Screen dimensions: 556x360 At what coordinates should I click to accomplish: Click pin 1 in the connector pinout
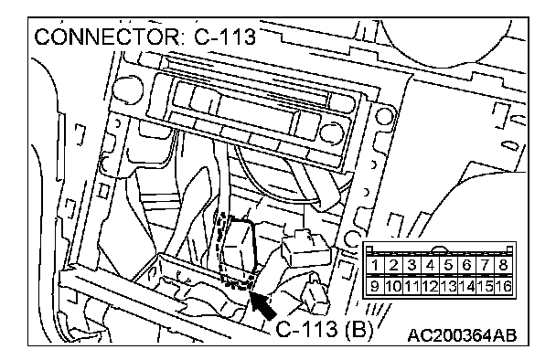[374, 265]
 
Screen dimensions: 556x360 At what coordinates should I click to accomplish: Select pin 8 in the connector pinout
[504, 265]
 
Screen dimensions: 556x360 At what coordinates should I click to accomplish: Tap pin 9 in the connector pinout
[374, 286]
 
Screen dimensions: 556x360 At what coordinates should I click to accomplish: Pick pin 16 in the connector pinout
[504, 286]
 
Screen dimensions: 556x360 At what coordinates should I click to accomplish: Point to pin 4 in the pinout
[430, 265]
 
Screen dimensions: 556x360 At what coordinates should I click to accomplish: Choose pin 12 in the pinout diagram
[430, 286]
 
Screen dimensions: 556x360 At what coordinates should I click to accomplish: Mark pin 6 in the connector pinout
[466, 265]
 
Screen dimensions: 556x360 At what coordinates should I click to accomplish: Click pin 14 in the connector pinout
[466, 286]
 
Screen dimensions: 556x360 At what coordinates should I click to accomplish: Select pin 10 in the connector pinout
[393, 286]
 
